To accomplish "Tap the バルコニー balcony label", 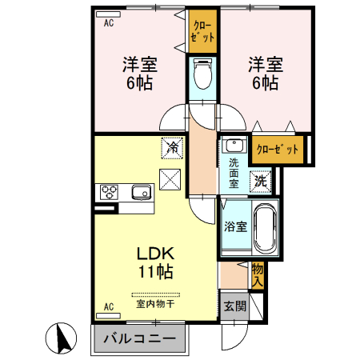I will coord(139,338).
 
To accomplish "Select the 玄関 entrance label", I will coord(234,305).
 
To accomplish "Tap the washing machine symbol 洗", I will coord(261,181).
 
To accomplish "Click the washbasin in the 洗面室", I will coord(234,146).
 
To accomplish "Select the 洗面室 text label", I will coord(234,171).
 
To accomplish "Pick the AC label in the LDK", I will coord(109,306).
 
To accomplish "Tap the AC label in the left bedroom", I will coord(109,23).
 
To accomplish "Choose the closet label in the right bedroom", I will coord(278,149).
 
